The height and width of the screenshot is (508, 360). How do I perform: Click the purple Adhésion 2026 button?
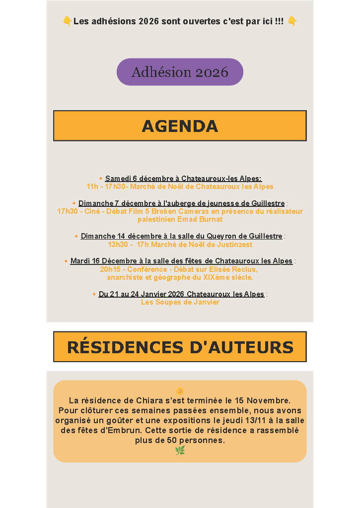(x=180, y=72)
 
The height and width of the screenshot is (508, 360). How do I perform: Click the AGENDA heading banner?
(x=180, y=126)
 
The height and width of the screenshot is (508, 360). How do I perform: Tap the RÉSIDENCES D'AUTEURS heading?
(x=180, y=347)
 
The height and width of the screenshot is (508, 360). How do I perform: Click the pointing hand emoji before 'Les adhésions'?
(x=68, y=21)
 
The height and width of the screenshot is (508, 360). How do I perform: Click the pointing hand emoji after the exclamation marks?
(x=292, y=21)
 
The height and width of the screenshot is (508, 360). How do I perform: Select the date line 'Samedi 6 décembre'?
(x=183, y=179)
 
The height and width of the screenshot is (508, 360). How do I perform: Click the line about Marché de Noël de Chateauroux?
(x=180, y=187)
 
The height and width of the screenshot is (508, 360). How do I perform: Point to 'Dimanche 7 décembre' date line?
(x=182, y=203)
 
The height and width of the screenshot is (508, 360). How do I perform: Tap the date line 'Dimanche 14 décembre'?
(x=182, y=236)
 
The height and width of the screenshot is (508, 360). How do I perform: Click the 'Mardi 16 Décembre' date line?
(x=182, y=261)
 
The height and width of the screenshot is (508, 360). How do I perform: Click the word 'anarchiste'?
(x=124, y=277)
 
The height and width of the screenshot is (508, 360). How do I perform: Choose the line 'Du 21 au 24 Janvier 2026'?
(x=182, y=294)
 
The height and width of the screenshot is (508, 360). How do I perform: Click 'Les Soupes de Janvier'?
(x=180, y=302)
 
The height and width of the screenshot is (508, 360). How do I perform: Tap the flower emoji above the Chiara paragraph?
(x=180, y=391)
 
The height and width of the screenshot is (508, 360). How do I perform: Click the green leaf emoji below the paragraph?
(x=180, y=450)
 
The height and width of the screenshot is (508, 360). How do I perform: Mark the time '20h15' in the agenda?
(x=110, y=269)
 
